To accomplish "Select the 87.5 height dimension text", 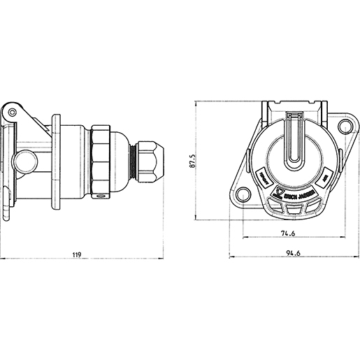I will (x=192, y=161).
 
